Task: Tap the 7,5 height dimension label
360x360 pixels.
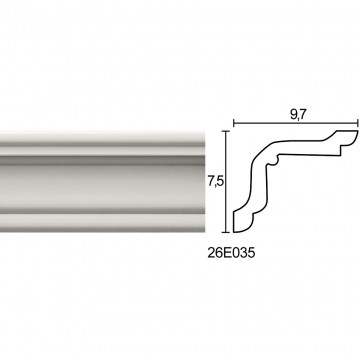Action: [215, 182]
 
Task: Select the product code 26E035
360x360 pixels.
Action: [231, 253]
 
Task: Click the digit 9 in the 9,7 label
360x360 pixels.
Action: [292, 115]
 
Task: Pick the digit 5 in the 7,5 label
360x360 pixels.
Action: [219, 182]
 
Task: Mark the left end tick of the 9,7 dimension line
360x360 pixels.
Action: [234, 124]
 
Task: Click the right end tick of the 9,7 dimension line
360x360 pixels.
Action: [358, 124]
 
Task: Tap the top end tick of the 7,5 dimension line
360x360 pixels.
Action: [227, 131]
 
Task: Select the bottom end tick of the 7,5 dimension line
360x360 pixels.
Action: [227, 232]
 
